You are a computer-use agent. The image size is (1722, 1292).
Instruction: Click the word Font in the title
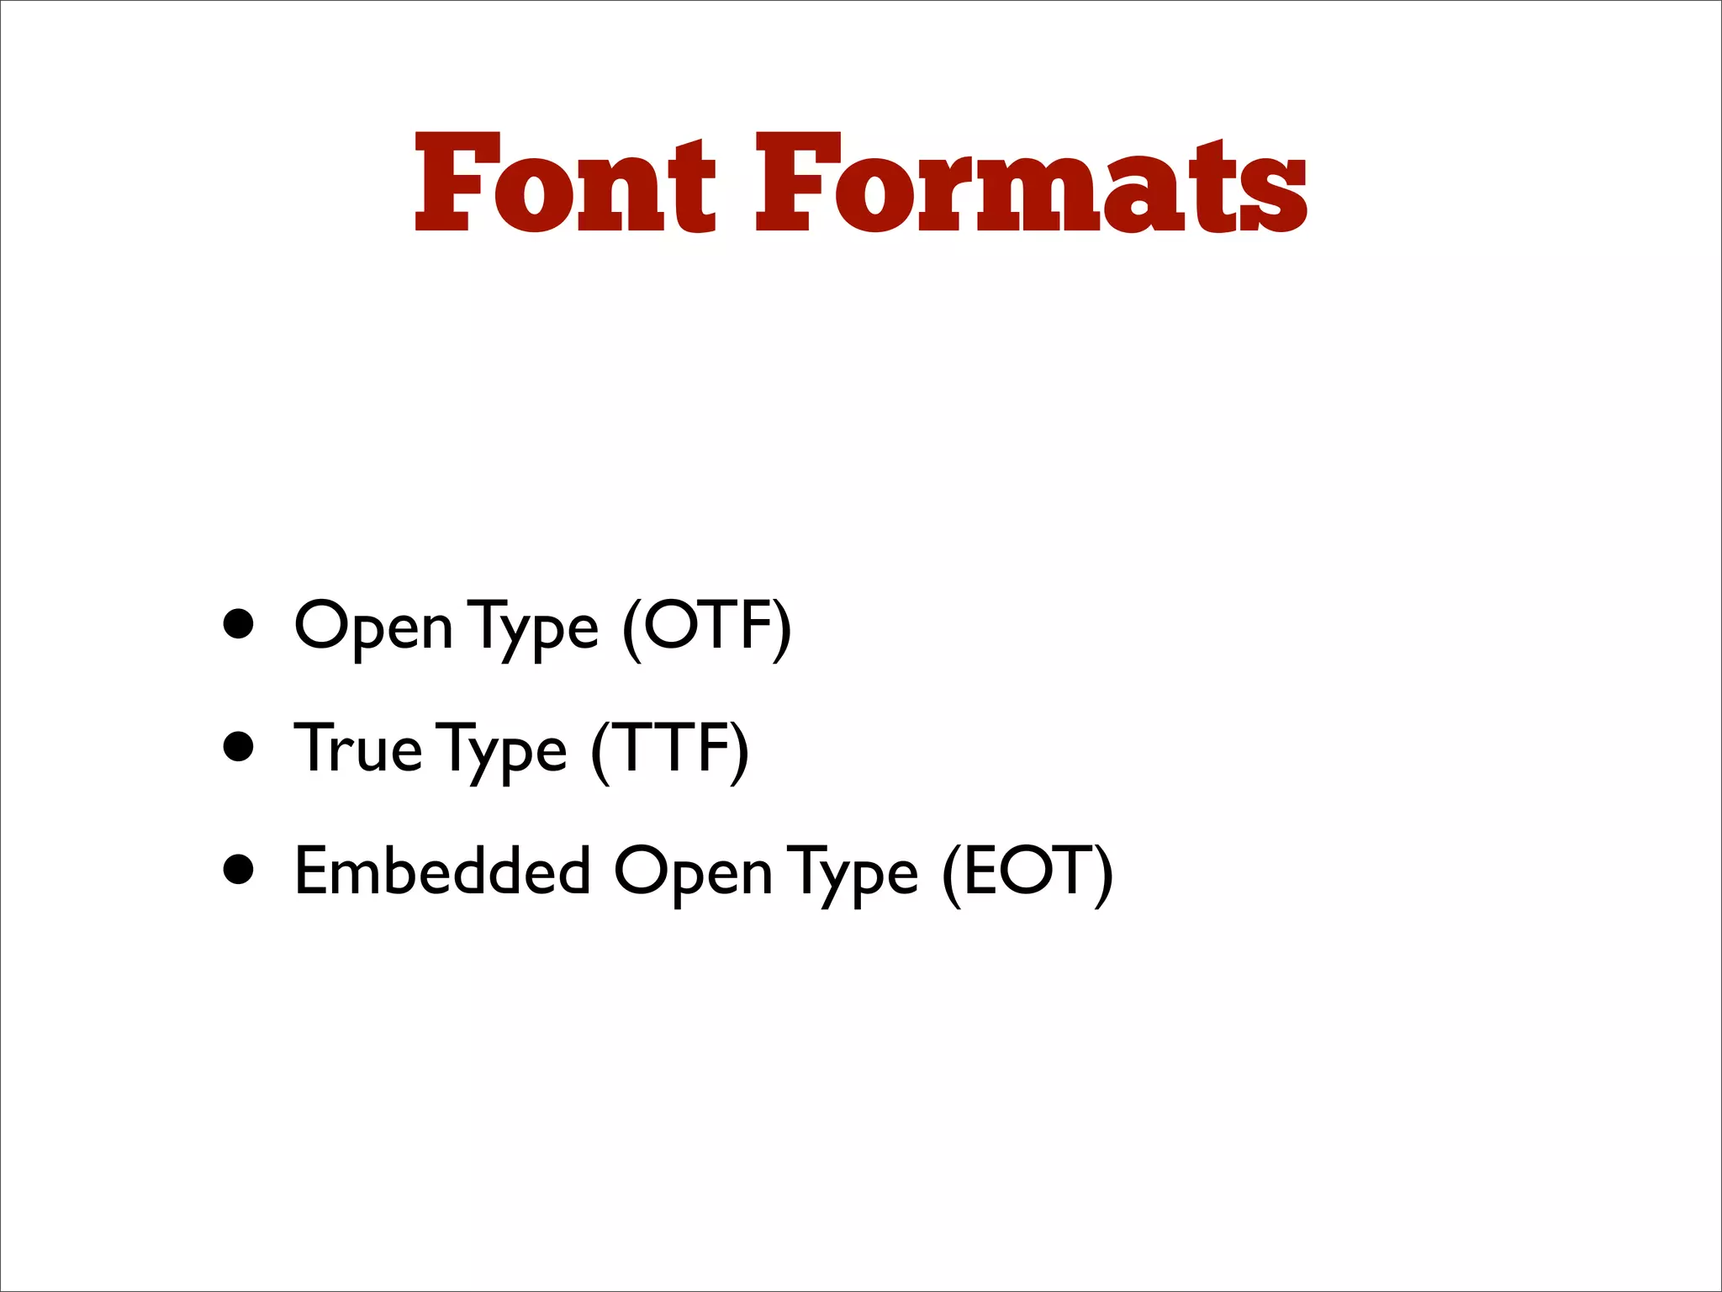[x=565, y=183]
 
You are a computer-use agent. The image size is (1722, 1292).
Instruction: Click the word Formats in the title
[x=1031, y=183]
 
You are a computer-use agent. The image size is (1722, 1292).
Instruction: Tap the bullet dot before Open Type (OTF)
[x=239, y=624]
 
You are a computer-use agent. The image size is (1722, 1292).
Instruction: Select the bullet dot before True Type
[x=239, y=746]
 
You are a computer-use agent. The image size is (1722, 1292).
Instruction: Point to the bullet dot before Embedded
[x=239, y=870]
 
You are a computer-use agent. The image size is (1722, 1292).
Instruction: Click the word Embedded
[x=442, y=871]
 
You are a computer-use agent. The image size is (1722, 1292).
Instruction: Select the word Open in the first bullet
[x=373, y=627]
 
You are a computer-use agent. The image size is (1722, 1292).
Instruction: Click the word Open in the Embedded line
[x=693, y=873]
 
